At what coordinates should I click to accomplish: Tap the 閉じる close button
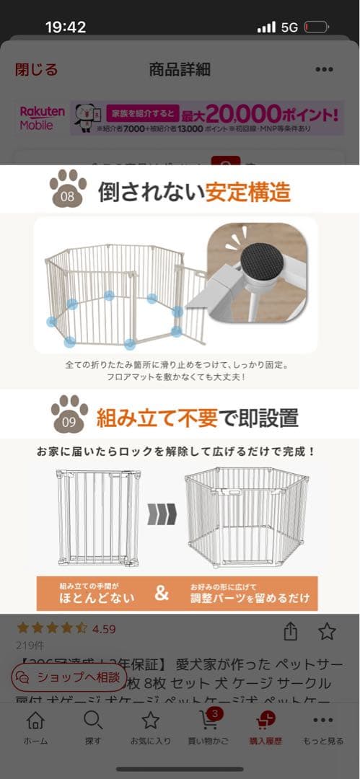(x=36, y=69)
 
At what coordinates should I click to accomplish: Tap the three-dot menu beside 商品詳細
(x=324, y=69)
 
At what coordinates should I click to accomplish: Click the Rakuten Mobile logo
(x=42, y=118)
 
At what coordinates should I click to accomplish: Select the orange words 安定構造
(x=247, y=192)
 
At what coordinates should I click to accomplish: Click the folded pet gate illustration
(x=98, y=516)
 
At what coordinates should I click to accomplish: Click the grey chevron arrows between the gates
(x=162, y=515)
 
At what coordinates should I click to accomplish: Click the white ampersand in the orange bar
(x=162, y=593)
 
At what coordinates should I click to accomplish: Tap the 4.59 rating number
(x=104, y=629)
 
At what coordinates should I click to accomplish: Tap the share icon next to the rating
(x=291, y=632)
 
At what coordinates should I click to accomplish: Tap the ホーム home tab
(x=35, y=726)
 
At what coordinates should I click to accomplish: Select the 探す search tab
(x=93, y=726)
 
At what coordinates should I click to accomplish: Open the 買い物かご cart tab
(x=209, y=726)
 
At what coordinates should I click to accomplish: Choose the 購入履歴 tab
(x=265, y=726)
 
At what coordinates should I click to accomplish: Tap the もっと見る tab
(x=322, y=726)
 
